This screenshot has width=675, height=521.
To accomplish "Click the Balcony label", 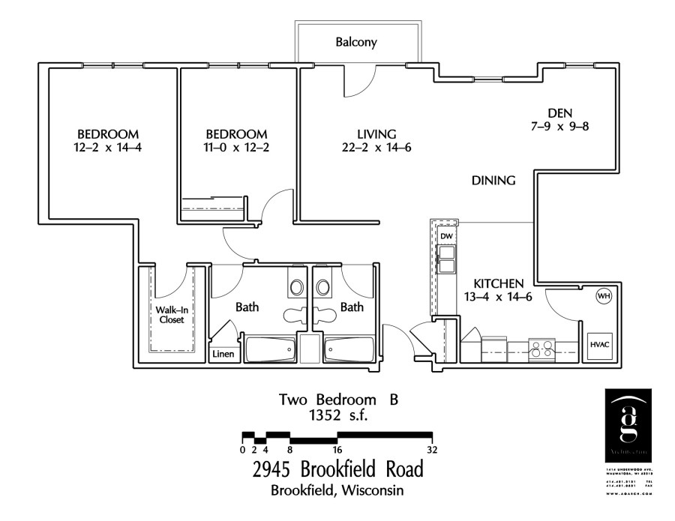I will pos(355,43).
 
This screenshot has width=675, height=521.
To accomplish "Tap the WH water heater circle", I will pos(603,296).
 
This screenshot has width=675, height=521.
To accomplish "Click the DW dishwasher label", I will pos(446,237).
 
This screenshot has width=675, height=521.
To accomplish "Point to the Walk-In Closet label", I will pos(171,314).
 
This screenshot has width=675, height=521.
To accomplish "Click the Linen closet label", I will pos(223,354).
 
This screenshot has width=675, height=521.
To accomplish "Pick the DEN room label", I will pos(560,112).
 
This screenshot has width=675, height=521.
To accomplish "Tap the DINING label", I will pos(493,180).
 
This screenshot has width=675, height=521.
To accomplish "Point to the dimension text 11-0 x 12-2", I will pos(236,148).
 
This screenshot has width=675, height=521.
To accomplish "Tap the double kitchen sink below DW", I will pos(447,259).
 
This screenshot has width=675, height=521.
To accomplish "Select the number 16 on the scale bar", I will pos(337,450).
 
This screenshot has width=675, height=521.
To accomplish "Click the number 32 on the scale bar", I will pos(432,450).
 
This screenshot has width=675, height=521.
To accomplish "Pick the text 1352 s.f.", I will pos(337,415).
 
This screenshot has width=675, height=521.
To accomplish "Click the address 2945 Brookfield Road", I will pos(337,470).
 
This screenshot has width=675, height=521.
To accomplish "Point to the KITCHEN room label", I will pos(498,283).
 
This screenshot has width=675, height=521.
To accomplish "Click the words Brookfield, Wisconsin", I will pos(337,491).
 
